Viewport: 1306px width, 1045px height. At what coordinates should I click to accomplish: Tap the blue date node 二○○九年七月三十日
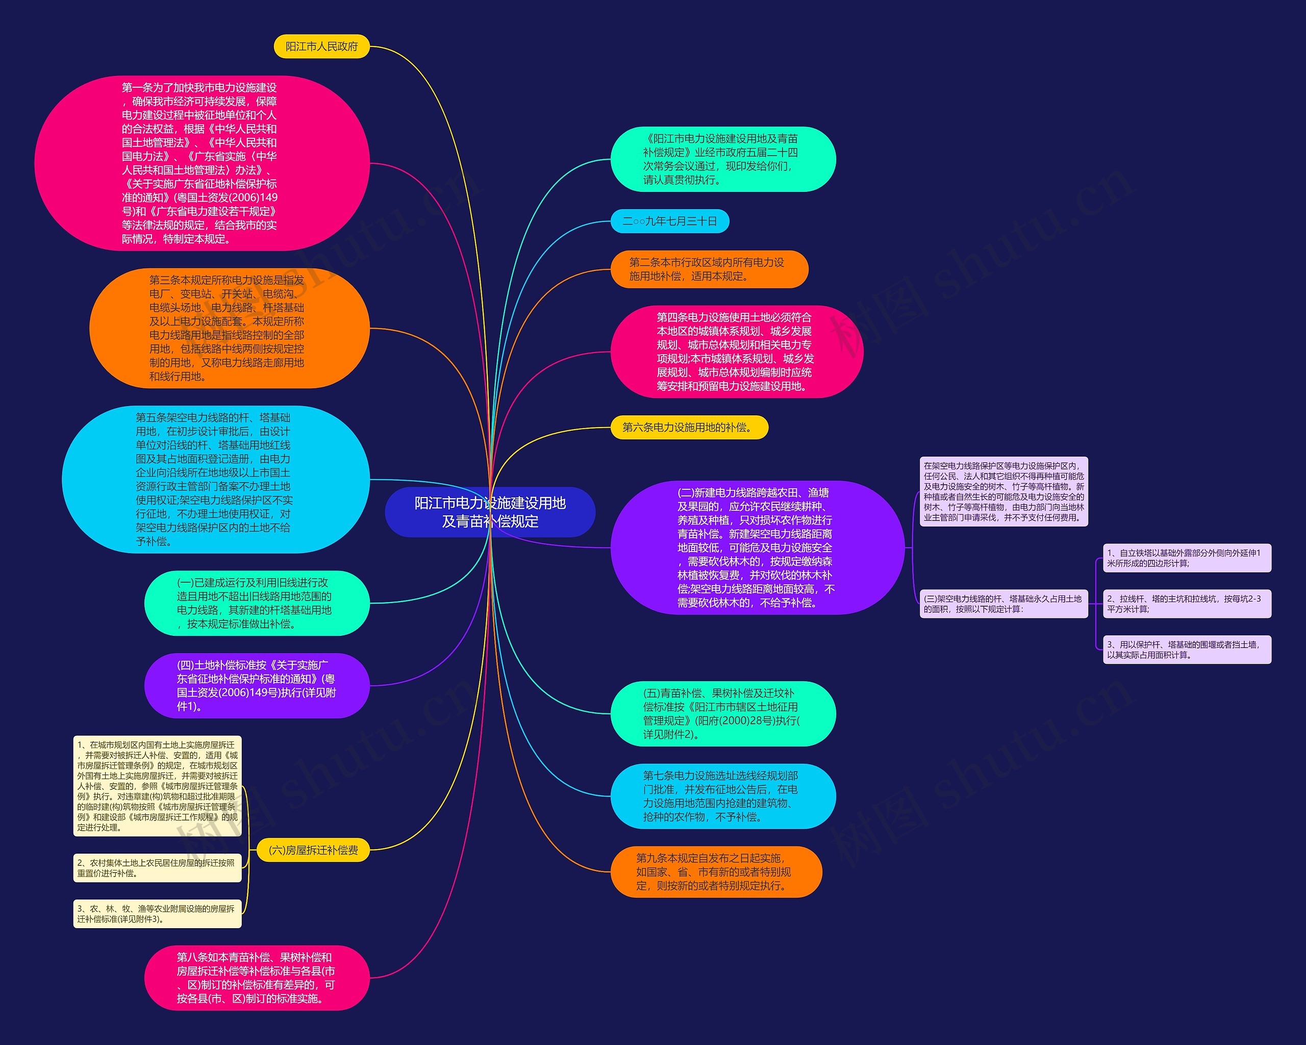(x=669, y=221)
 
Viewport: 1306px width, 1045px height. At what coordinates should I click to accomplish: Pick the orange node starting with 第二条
(x=709, y=269)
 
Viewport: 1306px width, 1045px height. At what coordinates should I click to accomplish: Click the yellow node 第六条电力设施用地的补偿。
(x=689, y=428)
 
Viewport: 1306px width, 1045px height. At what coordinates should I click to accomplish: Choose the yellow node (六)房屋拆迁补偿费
(x=313, y=851)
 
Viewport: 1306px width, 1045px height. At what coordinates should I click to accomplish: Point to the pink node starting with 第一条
(x=202, y=163)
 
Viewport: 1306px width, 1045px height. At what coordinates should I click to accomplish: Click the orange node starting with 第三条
(x=229, y=328)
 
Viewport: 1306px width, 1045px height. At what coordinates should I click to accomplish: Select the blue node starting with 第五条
(x=215, y=479)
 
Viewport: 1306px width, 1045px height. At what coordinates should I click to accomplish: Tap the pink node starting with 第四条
(x=736, y=352)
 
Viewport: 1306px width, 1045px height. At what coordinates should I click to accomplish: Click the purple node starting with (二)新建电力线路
(x=757, y=548)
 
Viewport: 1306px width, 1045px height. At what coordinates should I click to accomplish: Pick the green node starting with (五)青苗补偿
(x=723, y=714)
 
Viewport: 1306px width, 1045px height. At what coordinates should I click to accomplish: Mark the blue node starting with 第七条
(x=723, y=796)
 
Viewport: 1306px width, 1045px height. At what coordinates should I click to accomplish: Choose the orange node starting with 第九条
(x=716, y=872)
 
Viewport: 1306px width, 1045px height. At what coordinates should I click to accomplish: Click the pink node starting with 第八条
(x=256, y=978)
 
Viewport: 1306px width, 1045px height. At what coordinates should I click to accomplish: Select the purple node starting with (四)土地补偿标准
(x=256, y=686)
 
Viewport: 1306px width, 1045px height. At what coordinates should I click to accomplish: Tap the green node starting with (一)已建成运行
(x=256, y=603)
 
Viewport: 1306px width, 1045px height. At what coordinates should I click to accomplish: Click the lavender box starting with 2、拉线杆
(x=1187, y=603)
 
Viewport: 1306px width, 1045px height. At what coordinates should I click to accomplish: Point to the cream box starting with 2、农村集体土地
(x=157, y=867)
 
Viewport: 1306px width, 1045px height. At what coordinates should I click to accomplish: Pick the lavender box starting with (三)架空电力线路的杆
(x=1003, y=603)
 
